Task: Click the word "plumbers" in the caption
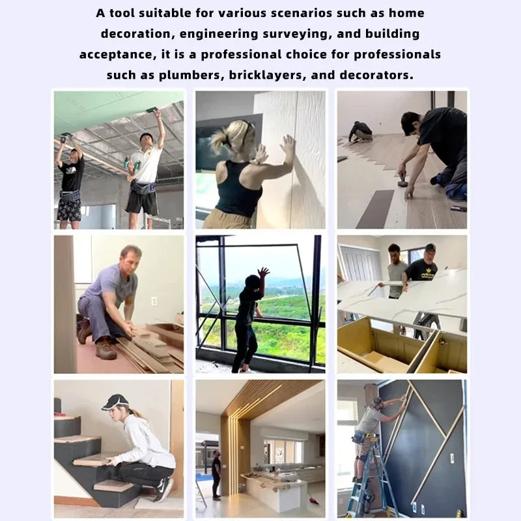pos(190,76)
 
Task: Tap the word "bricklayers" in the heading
pos(267,76)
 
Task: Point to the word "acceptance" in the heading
pos(118,55)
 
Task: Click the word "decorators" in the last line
pos(376,75)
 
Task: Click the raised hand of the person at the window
pos(264,272)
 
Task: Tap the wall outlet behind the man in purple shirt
pos(154,302)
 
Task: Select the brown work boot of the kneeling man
pos(106,350)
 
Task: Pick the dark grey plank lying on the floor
pos(375,209)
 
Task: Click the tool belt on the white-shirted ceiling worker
pos(144,190)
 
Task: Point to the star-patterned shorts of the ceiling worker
pos(69,210)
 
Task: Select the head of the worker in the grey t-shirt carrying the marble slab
pos(394,252)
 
